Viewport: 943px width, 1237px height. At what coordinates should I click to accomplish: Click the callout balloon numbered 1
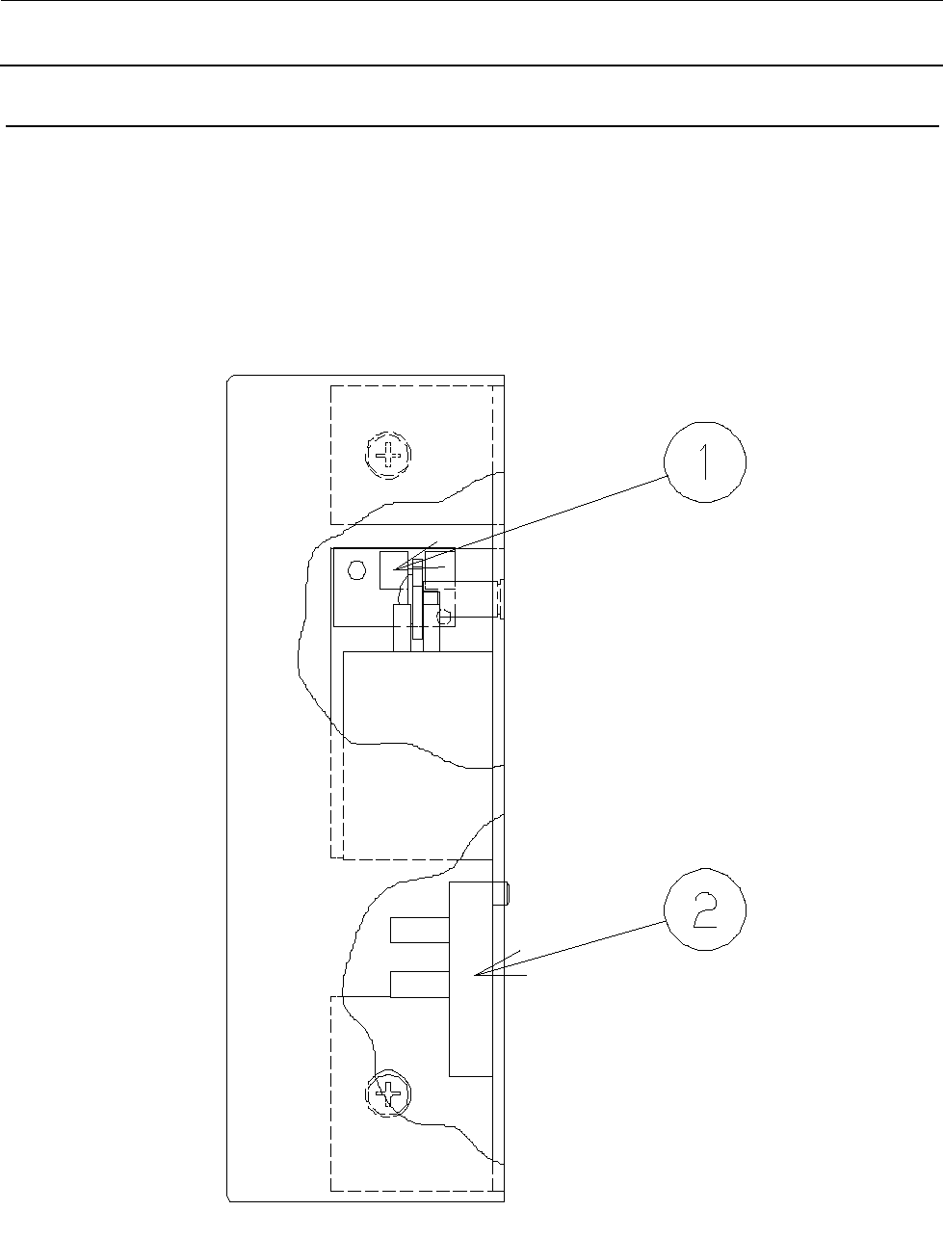[x=704, y=466]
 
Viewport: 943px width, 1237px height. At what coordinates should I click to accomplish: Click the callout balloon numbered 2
[x=704, y=912]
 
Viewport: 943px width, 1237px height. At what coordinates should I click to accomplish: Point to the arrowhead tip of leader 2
[x=475, y=975]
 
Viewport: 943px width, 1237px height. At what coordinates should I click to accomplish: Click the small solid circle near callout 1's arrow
[x=356, y=571]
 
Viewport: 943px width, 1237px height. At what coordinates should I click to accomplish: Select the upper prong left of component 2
[x=420, y=930]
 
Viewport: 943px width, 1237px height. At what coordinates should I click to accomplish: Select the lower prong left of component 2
[x=420, y=984]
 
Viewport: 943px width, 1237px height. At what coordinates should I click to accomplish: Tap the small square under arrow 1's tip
[x=395, y=570]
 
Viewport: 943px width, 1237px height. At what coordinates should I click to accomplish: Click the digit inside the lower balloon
[x=704, y=912]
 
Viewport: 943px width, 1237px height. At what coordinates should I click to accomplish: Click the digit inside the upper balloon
[x=704, y=466]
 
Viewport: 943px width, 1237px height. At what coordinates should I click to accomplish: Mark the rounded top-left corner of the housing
[x=230, y=381]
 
